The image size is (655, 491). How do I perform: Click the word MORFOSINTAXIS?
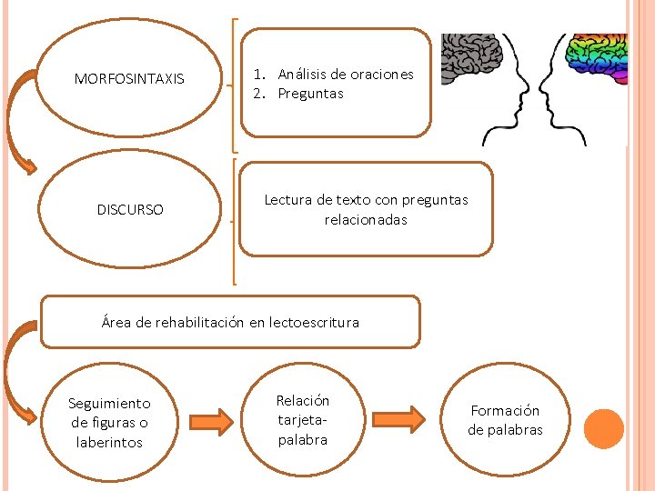(x=129, y=79)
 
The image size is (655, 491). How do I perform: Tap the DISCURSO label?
(x=130, y=210)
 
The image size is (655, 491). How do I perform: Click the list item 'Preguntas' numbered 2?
(x=310, y=94)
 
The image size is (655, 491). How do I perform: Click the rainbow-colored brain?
(x=595, y=59)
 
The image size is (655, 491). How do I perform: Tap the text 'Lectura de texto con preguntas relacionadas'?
(x=366, y=209)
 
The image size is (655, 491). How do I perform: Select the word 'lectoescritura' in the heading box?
(x=315, y=322)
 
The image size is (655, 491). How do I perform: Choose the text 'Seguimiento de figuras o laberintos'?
(x=110, y=422)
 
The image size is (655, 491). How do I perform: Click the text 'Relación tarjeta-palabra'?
(x=303, y=420)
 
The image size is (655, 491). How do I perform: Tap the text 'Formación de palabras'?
(x=505, y=420)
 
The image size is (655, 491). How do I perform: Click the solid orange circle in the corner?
(x=603, y=429)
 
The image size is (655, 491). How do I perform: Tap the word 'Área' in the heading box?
(x=116, y=322)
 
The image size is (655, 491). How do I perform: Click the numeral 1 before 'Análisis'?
(x=259, y=75)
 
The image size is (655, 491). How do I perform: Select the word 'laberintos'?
(x=110, y=443)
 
